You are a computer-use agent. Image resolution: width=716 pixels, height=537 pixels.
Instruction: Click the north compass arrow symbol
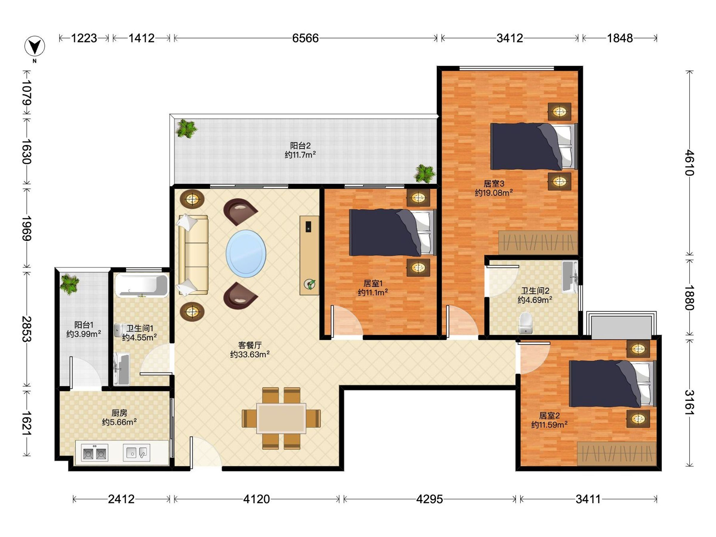click(35, 46)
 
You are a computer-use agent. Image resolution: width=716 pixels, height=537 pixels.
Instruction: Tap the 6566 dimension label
click(305, 38)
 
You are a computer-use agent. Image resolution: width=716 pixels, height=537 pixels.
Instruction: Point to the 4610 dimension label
click(689, 163)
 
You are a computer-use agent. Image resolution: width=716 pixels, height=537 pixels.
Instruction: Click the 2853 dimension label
click(27, 329)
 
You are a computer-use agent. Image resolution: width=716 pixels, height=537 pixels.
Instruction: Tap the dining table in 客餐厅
click(281, 418)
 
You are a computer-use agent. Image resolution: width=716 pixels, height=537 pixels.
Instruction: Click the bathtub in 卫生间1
click(142, 285)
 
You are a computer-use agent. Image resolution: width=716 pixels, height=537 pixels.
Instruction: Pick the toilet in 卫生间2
click(525, 323)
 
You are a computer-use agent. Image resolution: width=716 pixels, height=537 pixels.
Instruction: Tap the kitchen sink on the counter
click(137, 453)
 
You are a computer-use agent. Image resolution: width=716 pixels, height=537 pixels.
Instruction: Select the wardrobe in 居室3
click(538, 243)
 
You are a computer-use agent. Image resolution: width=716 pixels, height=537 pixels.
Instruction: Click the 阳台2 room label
click(300, 146)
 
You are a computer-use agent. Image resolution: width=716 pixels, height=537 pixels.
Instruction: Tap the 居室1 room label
click(373, 283)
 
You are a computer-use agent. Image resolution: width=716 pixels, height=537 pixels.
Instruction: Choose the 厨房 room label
click(119, 413)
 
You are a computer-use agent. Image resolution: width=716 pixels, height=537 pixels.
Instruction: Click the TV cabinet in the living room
click(309, 255)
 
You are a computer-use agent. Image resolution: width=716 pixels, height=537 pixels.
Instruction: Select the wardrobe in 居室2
click(617, 453)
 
